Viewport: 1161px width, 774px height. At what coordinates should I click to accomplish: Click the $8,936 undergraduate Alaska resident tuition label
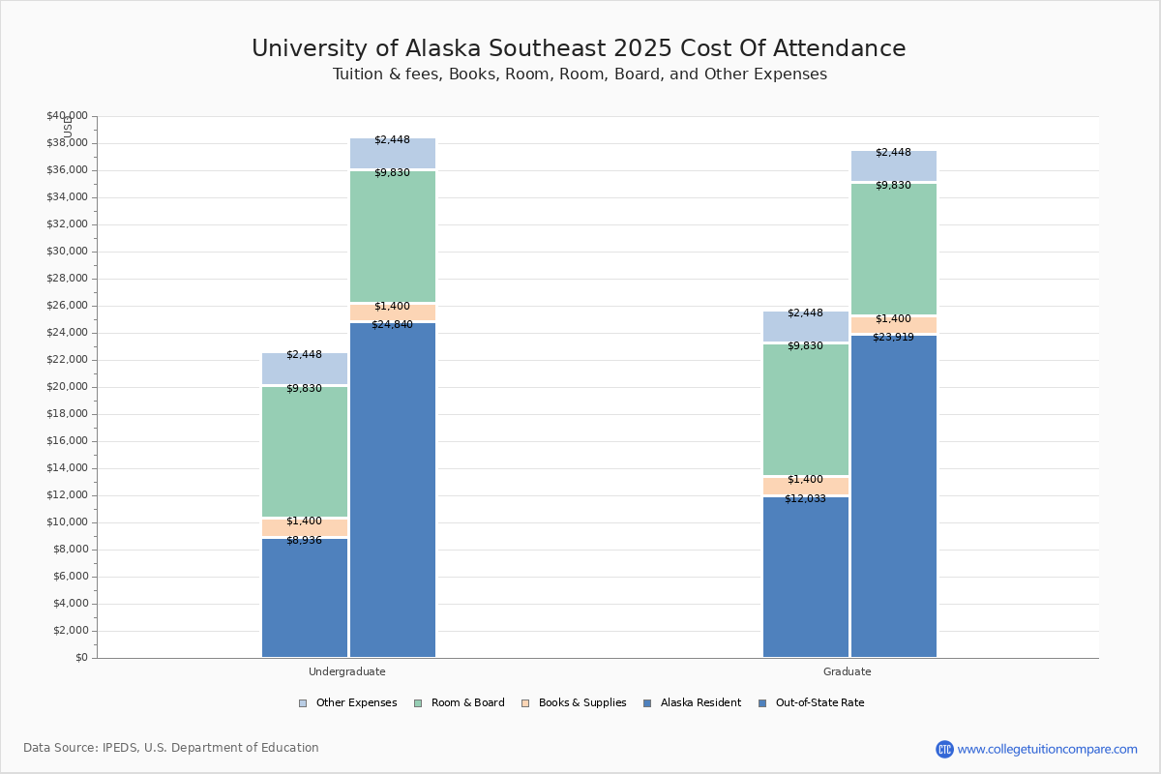pos(304,540)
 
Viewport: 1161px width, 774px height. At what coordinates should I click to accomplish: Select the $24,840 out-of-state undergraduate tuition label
pos(392,324)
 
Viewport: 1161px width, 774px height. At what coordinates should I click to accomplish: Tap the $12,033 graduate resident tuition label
pos(805,498)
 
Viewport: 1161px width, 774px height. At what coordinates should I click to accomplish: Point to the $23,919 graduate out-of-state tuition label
pos(893,337)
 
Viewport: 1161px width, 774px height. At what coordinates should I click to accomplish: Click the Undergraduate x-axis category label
pos(346,671)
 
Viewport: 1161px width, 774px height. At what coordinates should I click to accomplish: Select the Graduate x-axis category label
pos(847,671)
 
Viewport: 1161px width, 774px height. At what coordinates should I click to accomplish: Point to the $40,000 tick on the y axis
pos(67,116)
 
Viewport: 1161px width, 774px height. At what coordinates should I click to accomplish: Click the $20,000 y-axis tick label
pos(67,387)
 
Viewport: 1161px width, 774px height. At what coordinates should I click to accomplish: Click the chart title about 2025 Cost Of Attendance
pos(579,48)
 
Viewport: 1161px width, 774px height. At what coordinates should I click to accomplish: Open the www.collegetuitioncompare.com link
pos(1047,749)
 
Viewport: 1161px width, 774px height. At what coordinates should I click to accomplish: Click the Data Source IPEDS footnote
pos(171,748)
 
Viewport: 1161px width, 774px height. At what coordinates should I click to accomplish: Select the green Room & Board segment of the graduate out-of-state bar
pos(893,249)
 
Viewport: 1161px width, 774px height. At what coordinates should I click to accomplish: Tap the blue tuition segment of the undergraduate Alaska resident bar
pos(304,600)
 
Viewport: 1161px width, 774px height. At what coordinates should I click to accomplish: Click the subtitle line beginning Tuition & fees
pos(580,74)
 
